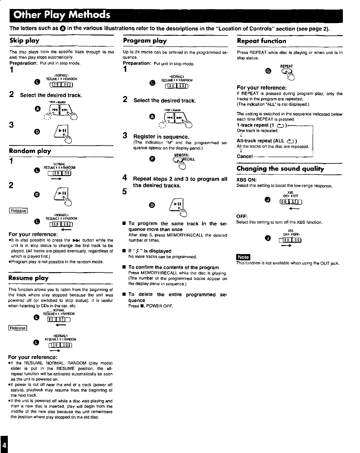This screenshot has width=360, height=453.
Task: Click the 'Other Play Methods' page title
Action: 59,15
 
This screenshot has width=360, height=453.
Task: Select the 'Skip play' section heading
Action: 24,41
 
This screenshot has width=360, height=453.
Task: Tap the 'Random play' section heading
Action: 30,151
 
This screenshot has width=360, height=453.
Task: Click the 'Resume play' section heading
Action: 29,278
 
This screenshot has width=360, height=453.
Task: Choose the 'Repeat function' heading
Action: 261,41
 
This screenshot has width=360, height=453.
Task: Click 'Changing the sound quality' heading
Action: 280,169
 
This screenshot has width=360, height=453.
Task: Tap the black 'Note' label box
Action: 243,257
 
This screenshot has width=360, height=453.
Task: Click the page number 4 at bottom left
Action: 3,444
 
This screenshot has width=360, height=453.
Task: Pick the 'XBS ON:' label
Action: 246,180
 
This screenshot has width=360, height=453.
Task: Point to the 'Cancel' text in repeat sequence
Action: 245,156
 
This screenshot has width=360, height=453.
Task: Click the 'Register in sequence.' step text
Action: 161,137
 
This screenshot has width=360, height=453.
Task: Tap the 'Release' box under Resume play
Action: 18,328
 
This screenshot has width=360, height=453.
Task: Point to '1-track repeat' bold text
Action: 252,125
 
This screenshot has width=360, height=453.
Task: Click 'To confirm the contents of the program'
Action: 173,267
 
